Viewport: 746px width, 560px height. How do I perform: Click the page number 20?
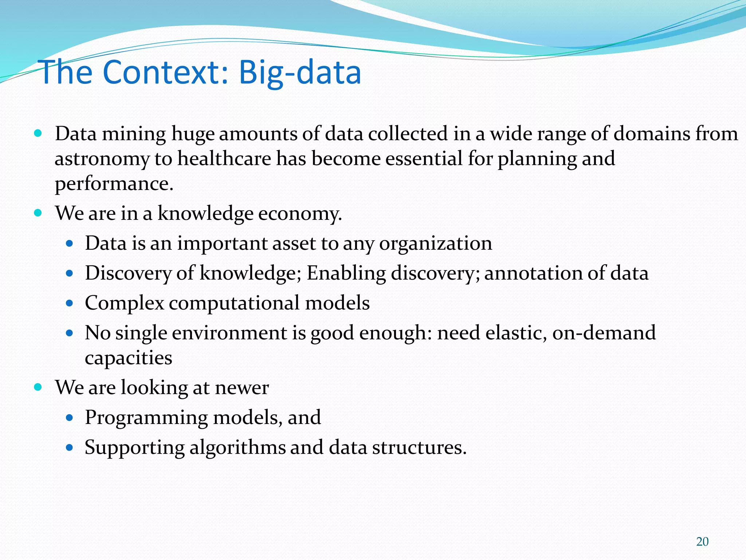pos(702,542)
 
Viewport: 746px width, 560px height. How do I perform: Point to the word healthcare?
pos(224,159)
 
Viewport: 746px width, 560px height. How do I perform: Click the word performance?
pos(114,184)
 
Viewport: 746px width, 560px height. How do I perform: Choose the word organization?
pos(436,244)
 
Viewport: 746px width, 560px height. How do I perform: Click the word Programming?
pos(146,418)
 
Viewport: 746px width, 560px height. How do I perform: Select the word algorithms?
pos(237,447)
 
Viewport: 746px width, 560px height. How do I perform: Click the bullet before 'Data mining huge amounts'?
pos(38,133)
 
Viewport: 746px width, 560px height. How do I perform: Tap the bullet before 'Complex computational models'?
pos(70,303)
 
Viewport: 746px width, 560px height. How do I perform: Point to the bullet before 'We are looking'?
pos(38,387)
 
